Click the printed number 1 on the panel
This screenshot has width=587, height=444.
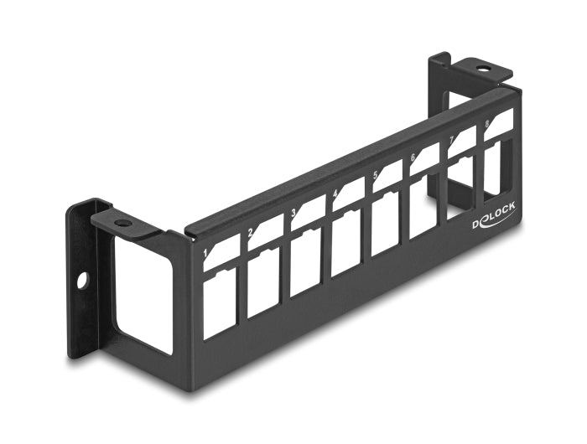tap(206, 250)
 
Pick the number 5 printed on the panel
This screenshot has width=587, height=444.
tap(375, 175)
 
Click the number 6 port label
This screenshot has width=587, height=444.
tap(413, 157)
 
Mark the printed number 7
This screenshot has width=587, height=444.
tap(450, 139)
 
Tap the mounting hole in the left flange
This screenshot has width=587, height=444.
tap(82, 281)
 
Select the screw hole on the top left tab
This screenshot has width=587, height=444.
tap(123, 225)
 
